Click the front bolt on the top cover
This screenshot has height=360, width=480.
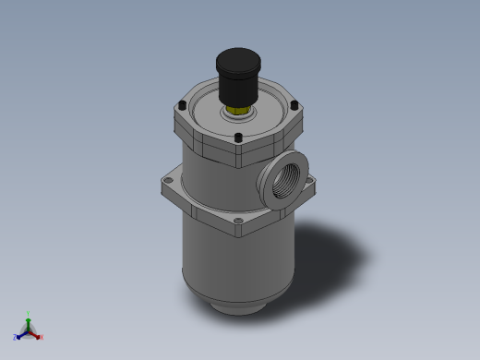238,138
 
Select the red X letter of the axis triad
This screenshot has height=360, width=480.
42,337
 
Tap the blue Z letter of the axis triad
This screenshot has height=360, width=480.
15,337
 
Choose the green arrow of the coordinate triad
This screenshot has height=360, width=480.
28,322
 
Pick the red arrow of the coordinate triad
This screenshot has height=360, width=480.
35,334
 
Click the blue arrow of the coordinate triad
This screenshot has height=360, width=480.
21,334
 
